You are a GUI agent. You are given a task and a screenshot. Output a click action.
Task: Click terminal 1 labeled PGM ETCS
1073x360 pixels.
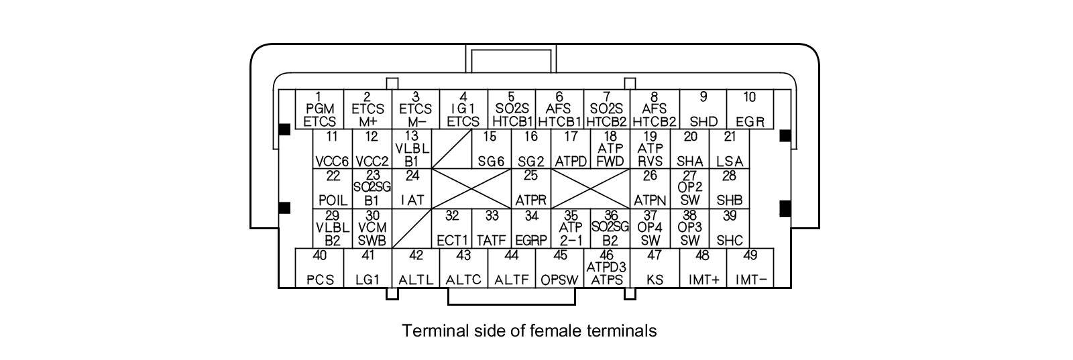[319, 109]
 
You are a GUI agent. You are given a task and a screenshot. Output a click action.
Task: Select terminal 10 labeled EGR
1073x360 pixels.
[750, 109]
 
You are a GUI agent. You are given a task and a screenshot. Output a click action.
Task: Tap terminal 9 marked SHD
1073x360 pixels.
[703, 109]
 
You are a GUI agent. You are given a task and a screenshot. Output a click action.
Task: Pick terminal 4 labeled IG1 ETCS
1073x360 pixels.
[463, 109]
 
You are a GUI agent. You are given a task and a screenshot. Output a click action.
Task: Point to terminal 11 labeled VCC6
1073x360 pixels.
[332, 149]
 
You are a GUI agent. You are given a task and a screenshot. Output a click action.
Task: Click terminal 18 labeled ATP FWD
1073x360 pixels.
[610, 149]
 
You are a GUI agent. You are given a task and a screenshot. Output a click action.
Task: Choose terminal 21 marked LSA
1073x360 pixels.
[730, 149]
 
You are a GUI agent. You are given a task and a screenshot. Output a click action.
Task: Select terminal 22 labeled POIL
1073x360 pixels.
[333, 188]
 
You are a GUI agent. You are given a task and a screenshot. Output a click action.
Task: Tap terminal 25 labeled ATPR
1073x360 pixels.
[530, 188]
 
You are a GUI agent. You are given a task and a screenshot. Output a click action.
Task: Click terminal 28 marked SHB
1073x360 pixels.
[730, 188]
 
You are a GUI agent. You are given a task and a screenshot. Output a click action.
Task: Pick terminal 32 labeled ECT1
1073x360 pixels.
[451, 228]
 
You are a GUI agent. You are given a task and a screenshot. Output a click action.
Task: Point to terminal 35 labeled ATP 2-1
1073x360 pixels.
[571, 228]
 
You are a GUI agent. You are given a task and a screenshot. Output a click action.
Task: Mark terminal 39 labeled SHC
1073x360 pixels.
[730, 228]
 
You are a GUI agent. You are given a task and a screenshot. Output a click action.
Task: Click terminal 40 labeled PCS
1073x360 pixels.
[320, 267]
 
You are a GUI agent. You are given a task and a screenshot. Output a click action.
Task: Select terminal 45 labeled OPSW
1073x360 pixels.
[560, 267]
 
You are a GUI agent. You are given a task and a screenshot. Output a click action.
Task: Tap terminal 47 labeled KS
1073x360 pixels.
[655, 267]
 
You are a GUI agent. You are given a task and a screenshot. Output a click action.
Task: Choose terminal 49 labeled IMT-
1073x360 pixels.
[750, 267]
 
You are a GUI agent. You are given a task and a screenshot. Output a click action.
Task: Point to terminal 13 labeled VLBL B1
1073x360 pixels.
[412, 149]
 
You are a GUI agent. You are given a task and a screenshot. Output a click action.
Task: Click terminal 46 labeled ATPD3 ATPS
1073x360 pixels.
[606, 267]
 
